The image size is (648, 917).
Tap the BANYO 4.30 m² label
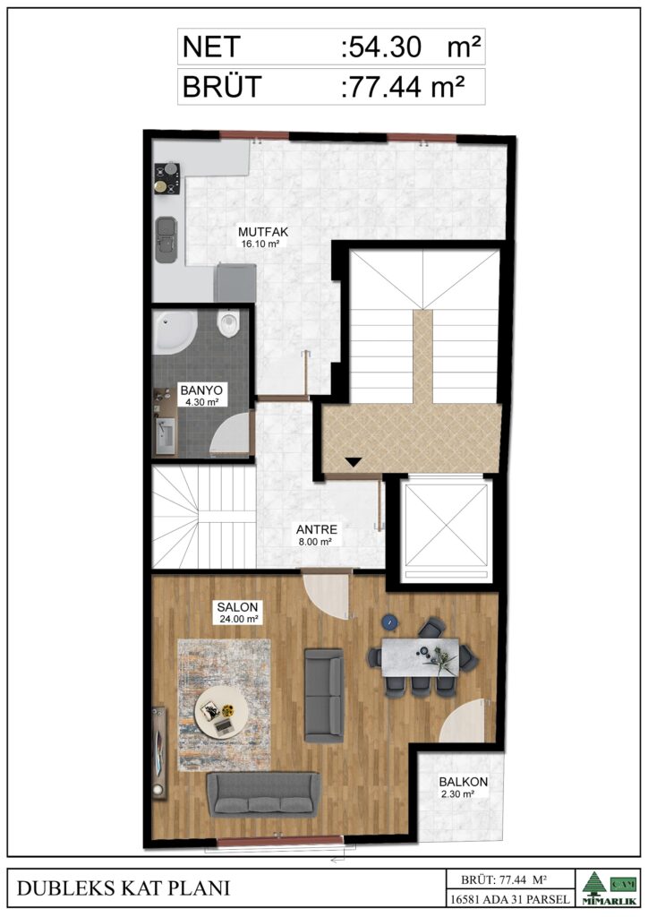pyautogui.click(x=201, y=395)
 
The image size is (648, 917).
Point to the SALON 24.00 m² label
pyautogui.click(x=238, y=613)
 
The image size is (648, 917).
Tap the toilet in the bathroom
pyautogui.click(x=228, y=323)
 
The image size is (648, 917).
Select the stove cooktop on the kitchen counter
pyautogui.click(x=166, y=178)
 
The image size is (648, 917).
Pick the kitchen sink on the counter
pyautogui.click(x=166, y=240)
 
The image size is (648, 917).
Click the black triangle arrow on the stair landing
pyautogui.click(x=353, y=462)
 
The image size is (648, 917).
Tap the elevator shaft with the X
pyautogui.click(x=447, y=525)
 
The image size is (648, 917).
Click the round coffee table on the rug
pyautogui.click(x=221, y=713)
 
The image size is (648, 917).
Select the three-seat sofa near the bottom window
pyautogui.click(x=264, y=794)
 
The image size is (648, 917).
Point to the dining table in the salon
pyautogui.click(x=421, y=656)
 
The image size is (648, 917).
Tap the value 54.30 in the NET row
pyautogui.click(x=385, y=47)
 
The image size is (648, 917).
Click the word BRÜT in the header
pyautogui.click(x=221, y=87)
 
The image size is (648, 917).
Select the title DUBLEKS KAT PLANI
pyautogui.click(x=124, y=887)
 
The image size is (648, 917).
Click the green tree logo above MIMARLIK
pyautogui.click(x=594, y=881)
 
